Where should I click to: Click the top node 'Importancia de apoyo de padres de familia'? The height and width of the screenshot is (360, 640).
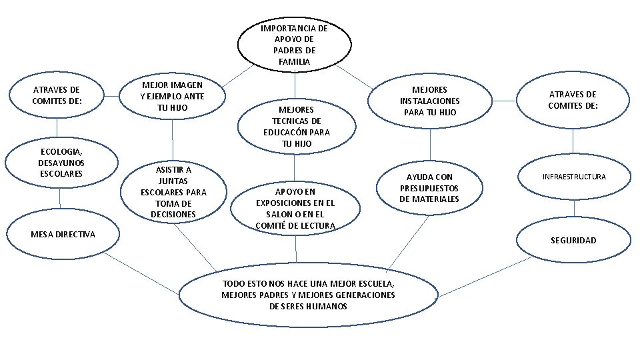pyautogui.click(x=293, y=44)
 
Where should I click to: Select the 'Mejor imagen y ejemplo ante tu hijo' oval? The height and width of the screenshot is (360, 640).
pyautogui.click(x=172, y=96)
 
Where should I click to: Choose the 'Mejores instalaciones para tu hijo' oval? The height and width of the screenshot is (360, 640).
pyautogui.click(x=429, y=101)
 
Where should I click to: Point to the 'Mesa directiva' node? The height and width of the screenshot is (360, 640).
pyautogui.click(x=63, y=234)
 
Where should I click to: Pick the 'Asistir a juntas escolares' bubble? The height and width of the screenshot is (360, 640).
pyautogui.click(x=173, y=191)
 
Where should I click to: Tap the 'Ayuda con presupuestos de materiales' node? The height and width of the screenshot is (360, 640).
pyautogui.click(x=429, y=188)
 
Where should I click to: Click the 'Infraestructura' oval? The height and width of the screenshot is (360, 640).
pyautogui.click(x=574, y=177)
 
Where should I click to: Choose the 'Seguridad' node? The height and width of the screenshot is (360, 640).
pyautogui.click(x=573, y=240)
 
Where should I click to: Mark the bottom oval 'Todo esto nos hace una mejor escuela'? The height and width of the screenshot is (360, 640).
pyautogui.click(x=308, y=295)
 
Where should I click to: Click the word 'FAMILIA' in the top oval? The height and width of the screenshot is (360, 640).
pyautogui.click(x=294, y=61)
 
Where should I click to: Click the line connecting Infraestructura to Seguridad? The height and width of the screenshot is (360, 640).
pyautogui.click(x=574, y=208)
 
